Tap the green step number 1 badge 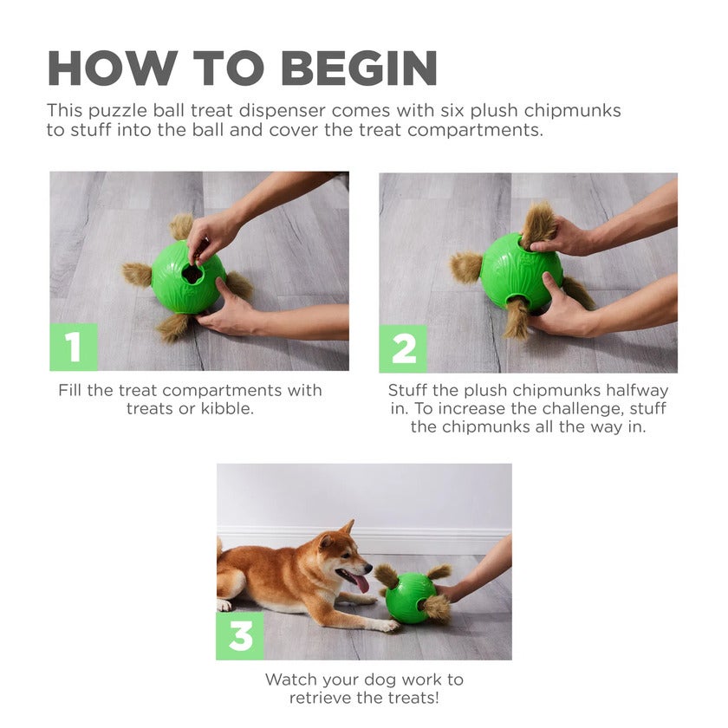(x=74, y=347)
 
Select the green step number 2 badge (x=403, y=348)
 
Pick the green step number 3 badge (x=240, y=636)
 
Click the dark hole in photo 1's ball (x=192, y=274)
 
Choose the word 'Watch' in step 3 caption (x=292, y=679)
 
